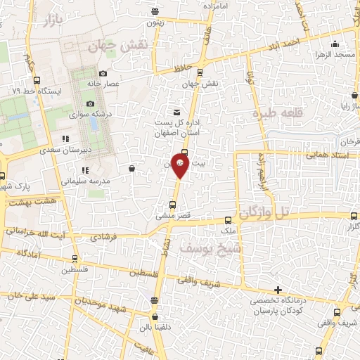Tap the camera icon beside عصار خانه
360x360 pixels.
click(103, 74)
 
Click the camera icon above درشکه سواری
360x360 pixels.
click(91, 104)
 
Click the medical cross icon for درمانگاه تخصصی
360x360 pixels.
click(278, 290)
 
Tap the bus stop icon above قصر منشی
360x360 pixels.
click(172, 205)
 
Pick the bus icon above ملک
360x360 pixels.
click(228, 220)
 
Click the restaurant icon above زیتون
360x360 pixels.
click(155, 11)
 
